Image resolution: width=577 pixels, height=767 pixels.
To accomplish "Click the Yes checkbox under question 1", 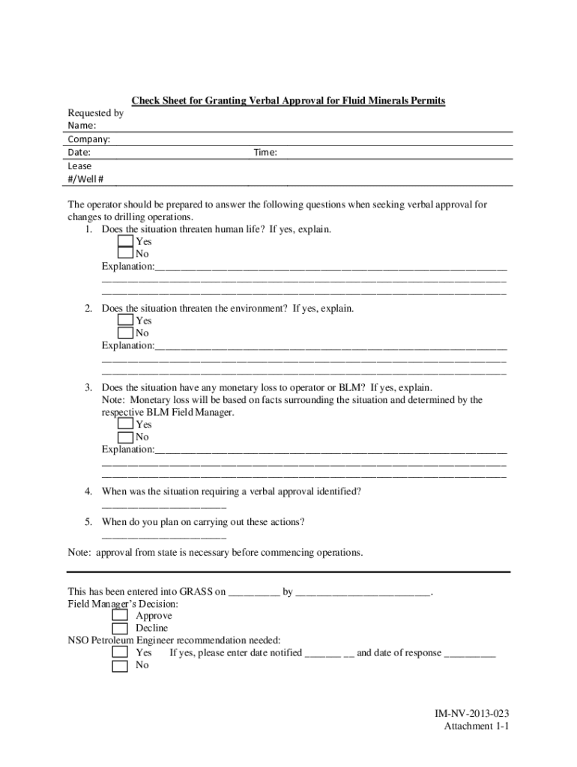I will point(125,241).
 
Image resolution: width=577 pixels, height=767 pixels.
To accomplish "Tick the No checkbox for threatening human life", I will point(125,254).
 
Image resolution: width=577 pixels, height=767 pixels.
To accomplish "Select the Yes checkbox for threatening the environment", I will point(125,321).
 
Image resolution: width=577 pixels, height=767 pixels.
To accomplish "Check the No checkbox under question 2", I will point(125,333).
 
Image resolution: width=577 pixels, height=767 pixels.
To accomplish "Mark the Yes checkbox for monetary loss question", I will point(125,424).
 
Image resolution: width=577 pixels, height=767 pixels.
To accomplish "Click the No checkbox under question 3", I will point(125,437).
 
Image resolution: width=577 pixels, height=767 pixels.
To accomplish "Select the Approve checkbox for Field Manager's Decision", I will point(120,616).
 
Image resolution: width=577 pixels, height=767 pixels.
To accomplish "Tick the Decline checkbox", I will point(120,628).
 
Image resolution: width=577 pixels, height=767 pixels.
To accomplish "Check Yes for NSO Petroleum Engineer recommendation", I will point(120,652).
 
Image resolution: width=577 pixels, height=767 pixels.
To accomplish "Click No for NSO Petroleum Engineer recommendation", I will point(120,666).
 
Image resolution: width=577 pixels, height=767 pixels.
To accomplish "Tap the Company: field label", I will point(89,139).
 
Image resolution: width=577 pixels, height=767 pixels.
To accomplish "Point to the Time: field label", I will point(265,152).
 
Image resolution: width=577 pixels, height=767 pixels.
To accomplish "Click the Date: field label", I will point(79,152).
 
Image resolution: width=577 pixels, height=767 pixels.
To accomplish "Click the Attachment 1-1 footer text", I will point(477,727).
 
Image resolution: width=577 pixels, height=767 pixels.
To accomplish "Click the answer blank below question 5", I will point(163,538).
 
